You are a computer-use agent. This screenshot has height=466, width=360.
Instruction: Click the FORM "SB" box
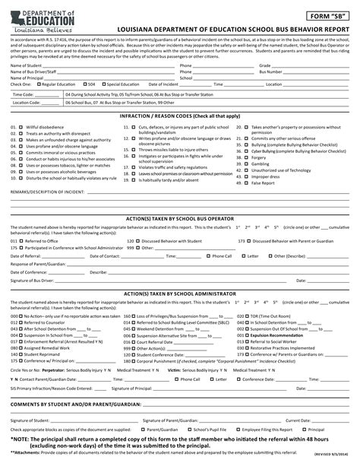(329, 14)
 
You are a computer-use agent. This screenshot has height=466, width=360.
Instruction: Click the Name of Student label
(27, 66)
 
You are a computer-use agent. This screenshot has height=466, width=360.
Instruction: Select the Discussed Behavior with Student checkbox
(117, 240)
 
